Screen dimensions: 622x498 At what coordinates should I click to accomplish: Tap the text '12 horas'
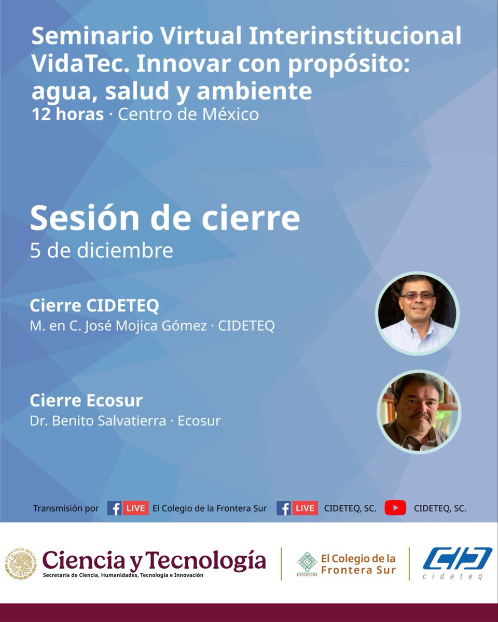click(x=67, y=114)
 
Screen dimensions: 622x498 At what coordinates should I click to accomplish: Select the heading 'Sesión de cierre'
click(x=164, y=219)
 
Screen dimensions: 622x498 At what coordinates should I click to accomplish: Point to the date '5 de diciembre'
click(x=101, y=250)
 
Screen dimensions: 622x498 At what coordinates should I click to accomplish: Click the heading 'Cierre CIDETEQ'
click(x=94, y=306)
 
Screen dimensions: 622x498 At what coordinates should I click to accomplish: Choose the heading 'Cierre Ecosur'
click(x=86, y=401)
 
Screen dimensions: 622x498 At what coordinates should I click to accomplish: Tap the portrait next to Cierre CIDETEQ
click(x=417, y=314)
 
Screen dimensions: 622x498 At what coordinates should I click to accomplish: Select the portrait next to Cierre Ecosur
click(x=418, y=412)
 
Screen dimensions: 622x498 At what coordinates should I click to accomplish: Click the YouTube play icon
click(x=395, y=508)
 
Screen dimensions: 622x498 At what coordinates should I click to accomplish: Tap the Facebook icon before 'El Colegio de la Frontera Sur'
click(x=114, y=508)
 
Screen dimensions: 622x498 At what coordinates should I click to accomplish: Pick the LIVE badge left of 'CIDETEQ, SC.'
click(x=306, y=508)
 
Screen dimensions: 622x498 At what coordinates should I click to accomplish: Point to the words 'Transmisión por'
click(x=66, y=508)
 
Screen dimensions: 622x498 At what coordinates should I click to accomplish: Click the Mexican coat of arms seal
click(x=21, y=564)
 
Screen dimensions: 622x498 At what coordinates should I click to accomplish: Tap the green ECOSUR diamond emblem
click(x=307, y=562)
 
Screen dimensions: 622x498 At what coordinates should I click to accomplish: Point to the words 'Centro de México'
click(x=188, y=114)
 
